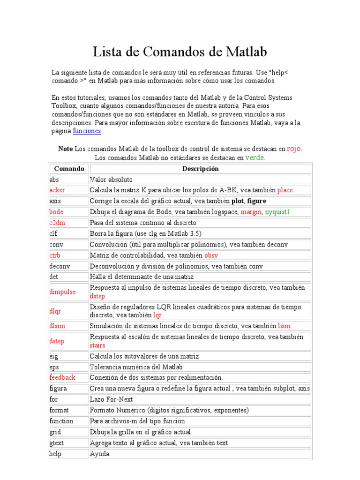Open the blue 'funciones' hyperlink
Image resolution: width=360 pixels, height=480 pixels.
tap(86, 131)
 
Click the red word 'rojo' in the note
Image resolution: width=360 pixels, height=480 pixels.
tap(294, 149)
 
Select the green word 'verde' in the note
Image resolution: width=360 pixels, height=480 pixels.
tap(255, 158)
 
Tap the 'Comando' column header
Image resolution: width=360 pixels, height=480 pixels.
tap(69, 169)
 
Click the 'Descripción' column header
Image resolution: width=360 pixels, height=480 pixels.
tap(200, 169)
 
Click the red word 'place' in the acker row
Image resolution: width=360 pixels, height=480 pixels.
tap(285, 190)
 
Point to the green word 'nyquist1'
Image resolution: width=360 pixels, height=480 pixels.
tap(277, 212)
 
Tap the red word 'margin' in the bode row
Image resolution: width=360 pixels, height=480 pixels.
tap(251, 212)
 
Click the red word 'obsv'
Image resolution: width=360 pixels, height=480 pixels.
tap(211, 255)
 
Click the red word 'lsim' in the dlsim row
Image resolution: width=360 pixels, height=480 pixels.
tap(284, 326)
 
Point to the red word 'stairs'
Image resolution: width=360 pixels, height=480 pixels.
tap(97, 345)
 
